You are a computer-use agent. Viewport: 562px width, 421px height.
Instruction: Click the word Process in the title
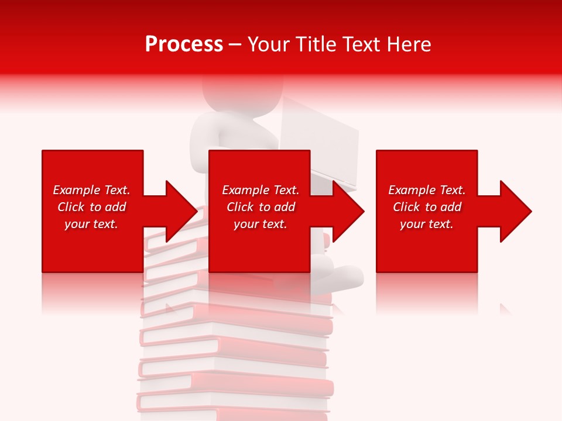click(184, 44)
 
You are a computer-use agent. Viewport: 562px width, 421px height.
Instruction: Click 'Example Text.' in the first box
click(91, 190)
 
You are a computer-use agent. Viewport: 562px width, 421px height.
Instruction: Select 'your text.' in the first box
click(91, 224)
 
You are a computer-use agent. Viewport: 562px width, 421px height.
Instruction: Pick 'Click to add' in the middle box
click(261, 207)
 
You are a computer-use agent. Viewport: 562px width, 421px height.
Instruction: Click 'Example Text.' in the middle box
click(261, 190)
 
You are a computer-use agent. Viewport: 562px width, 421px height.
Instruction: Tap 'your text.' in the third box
click(427, 224)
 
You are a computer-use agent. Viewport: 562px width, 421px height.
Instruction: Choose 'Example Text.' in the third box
click(427, 190)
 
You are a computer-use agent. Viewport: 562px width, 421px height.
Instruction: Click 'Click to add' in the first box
click(91, 207)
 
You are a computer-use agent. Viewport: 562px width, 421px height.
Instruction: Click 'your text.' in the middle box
click(261, 224)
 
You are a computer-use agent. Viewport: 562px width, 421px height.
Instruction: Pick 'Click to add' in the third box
click(427, 207)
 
